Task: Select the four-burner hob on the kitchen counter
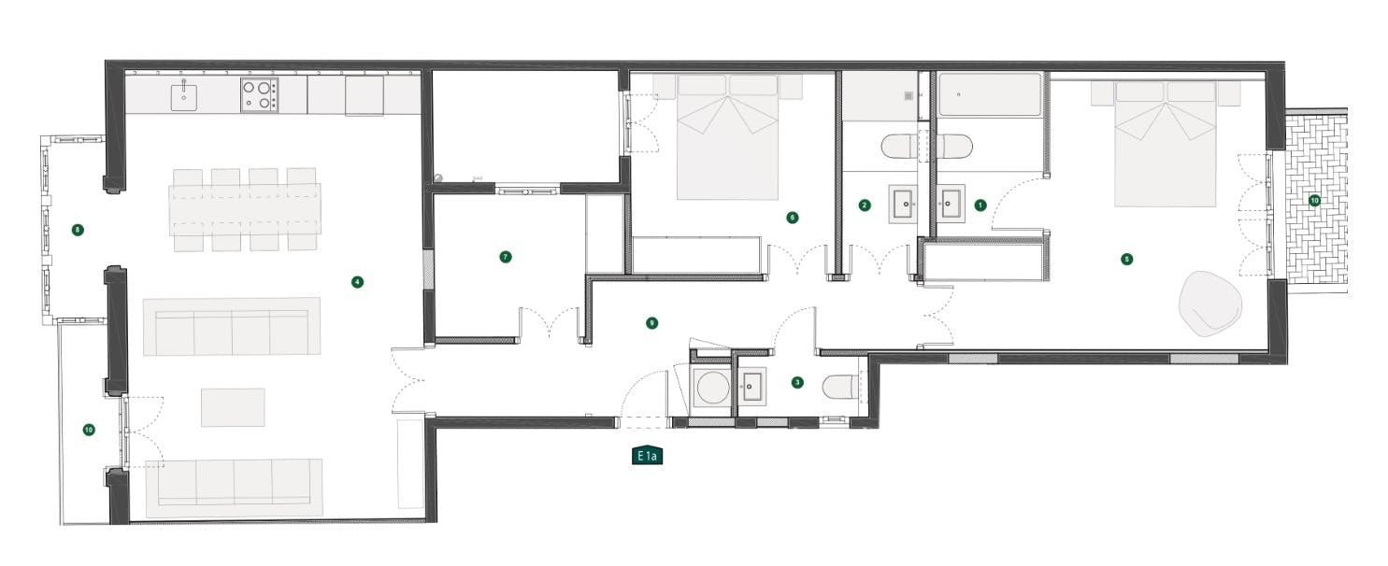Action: pos(260,94)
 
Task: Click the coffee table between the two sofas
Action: pos(233,407)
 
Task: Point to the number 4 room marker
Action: pos(356,281)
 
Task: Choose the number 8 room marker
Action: pos(78,229)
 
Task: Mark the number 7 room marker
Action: pos(506,256)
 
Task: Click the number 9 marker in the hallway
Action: pos(652,323)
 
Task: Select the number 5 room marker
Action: pos(1126,259)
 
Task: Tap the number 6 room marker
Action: pos(793,218)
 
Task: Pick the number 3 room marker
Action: pos(796,382)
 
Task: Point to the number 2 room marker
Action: pos(865,205)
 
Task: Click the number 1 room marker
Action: pos(980,204)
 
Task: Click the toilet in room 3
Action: pos(838,387)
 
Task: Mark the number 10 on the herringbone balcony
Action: pos(1314,200)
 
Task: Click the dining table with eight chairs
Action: pos(245,209)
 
